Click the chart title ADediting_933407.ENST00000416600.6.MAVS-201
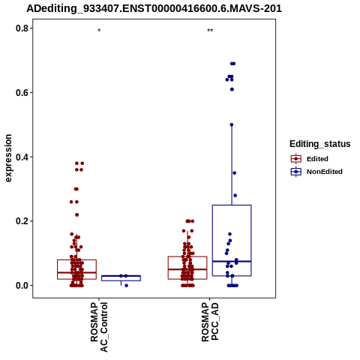point(154,8)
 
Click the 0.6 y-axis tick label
point(21,92)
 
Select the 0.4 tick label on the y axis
point(21,157)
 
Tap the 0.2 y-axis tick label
point(21,221)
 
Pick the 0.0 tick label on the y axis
point(21,286)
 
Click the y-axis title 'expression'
point(8,158)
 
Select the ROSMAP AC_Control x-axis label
point(99,327)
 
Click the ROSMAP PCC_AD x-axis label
point(210,322)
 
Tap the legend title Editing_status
point(320,144)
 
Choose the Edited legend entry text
point(317,159)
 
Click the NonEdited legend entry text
point(325,172)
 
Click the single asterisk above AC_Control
point(99,31)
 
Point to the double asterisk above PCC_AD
point(210,31)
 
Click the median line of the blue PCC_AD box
point(232,261)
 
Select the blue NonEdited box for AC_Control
point(121,278)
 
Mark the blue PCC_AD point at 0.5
point(232,124)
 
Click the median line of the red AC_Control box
point(76,272)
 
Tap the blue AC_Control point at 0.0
point(126,286)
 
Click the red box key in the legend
point(296,159)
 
